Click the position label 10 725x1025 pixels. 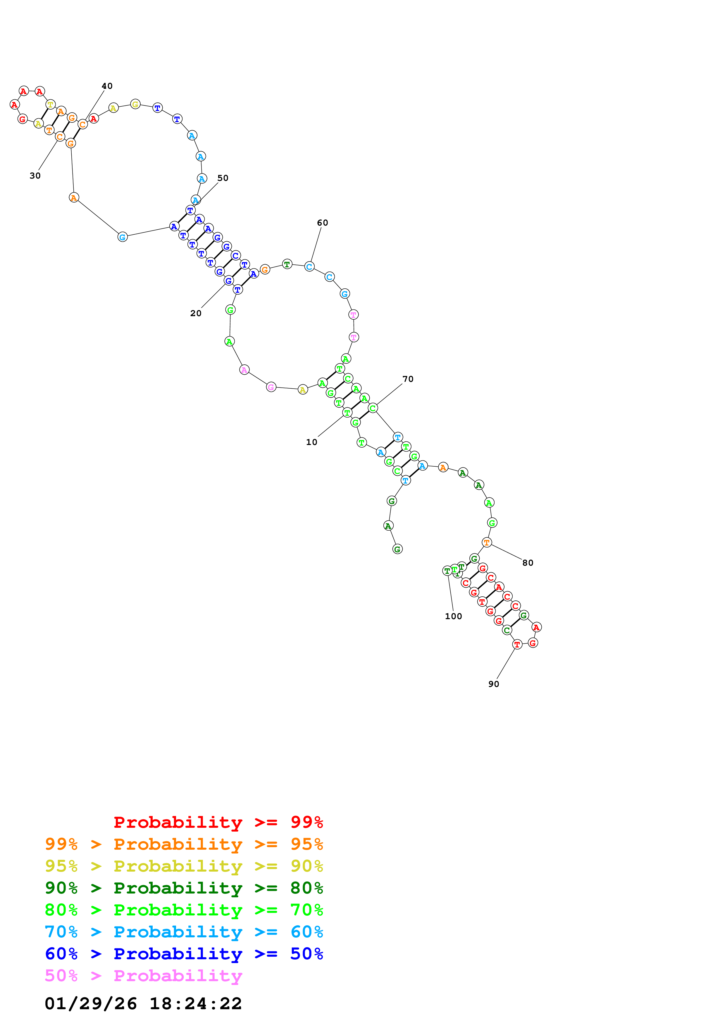(311, 442)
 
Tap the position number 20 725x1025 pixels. (196, 314)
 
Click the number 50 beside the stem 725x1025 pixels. (223, 178)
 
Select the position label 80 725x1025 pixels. (528, 563)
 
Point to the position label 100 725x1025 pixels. (453, 616)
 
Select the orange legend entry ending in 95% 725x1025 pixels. (184, 844)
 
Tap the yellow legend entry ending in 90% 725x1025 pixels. (184, 866)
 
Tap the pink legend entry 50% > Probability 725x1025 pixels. (143, 975)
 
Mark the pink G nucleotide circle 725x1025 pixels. (271, 387)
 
